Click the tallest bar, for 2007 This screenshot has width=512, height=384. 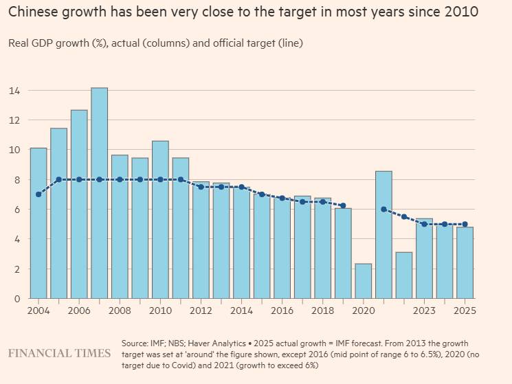click(x=100, y=193)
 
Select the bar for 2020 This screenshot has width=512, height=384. click(x=364, y=281)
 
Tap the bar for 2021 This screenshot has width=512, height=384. click(x=383, y=234)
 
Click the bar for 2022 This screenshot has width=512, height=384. click(x=404, y=275)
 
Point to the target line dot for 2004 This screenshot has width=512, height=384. click(x=38, y=194)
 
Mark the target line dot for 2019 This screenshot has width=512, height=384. click(x=343, y=205)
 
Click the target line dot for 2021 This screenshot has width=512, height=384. click(x=383, y=210)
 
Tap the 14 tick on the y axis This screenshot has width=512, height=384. click(x=14, y=91)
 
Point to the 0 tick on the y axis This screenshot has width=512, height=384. click(x=16, y=298)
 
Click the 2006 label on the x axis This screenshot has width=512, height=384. click(x=79, y=310)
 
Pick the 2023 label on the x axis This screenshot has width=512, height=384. click(x=424, y=310)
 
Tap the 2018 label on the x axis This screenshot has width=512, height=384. click(x=322, y=310)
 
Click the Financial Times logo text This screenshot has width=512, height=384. click(x=59, y=353)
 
